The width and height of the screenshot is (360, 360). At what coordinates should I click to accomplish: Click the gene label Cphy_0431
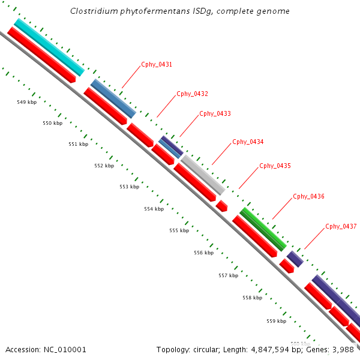157,65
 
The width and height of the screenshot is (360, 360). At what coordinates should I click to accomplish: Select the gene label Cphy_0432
192,94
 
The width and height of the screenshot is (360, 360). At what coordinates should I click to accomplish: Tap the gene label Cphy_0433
215,113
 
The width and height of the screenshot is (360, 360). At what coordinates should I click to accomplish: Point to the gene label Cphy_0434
248,142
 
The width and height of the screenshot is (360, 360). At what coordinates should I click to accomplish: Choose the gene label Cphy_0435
275,166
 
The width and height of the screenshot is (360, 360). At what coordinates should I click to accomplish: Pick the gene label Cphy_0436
308,197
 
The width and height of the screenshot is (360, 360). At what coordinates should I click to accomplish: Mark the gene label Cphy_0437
341,227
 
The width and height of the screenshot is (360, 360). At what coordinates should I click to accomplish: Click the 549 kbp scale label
26,103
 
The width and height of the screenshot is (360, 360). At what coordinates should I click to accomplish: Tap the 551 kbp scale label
78,145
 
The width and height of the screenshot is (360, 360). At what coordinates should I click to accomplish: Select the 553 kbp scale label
129,187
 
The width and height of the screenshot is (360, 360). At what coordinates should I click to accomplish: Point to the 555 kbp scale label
179,230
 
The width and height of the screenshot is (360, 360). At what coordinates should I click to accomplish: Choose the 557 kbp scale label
228,276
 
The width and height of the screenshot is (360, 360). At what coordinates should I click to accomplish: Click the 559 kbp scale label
276,321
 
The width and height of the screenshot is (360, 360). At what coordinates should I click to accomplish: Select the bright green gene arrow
263,229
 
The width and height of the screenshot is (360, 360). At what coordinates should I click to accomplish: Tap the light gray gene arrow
203,174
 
